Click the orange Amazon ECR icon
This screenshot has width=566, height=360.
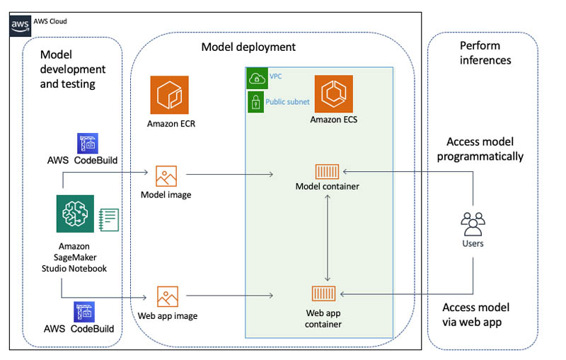[x=169, y=95]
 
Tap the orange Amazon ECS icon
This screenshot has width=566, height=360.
[x=333, y=95]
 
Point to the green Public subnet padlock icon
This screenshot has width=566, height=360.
[x=255, y=102]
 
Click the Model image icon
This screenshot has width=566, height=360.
[x=166, y=175]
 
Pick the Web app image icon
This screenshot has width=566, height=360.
[x=168, y=296]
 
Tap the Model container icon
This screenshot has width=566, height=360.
[x=327, y=171]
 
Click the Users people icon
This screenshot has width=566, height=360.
[x=473, y=223]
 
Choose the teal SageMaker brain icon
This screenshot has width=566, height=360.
[x=75, y=214]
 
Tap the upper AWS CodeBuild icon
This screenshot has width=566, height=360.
[x=88, y=143]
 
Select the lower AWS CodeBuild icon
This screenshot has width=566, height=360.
[x=85, y=312]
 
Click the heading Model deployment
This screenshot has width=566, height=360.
[x=248, y=47]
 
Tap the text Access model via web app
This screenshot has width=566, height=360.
[x=475, y=314]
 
